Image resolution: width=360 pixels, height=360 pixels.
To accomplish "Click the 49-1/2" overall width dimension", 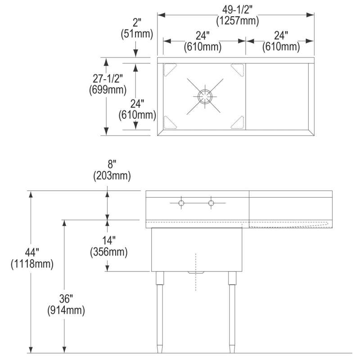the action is click(x=237, y=9).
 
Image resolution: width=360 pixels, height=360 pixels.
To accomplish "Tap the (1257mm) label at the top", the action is click(x=238, y=21).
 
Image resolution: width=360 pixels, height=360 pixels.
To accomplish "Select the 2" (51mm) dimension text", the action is click(x=137, y=28).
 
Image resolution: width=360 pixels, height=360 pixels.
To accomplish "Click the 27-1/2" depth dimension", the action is click(x=108, y=79).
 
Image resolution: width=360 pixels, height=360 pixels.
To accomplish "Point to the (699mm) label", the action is click(x=108, y=90).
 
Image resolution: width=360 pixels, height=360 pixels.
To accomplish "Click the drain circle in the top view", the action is click(x=205, y=96).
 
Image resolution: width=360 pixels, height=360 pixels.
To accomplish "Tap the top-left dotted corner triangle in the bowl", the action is click(x=170, y=70).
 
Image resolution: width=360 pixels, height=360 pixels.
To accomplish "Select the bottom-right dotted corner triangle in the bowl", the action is click(x=238, y=122).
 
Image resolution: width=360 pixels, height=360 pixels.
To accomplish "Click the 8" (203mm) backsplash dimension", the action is click(x=112, y=170).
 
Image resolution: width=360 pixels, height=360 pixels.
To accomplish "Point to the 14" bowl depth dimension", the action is click(x=109, y=240).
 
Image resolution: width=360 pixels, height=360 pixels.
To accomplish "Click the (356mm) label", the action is click(x=109, y=252).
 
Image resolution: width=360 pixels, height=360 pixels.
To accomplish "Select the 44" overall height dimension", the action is click(x=32, y=252).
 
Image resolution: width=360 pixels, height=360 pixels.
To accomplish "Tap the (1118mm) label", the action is click(x=32, y=264).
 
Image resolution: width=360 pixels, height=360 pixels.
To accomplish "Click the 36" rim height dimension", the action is click(x=66, y=299).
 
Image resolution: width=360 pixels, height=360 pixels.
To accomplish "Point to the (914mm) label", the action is click(x=66, y=310).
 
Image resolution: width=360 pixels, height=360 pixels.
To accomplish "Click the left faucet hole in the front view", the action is click(x=181, y=203).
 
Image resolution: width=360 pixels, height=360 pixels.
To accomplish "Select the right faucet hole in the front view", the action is click(x=211, y=203).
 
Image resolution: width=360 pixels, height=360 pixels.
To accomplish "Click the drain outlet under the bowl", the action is click(x=196, y=273).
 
